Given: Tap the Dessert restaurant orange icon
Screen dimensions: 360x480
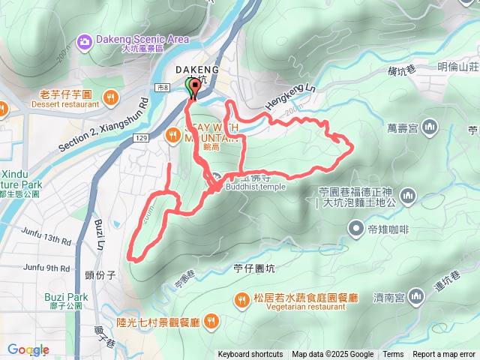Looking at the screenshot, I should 111,96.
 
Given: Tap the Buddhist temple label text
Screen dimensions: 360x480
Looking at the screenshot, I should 255,187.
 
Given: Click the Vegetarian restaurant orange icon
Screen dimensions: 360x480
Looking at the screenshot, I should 241,298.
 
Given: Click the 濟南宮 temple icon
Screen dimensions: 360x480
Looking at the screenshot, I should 417,298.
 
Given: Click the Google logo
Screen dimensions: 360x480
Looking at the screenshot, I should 28,349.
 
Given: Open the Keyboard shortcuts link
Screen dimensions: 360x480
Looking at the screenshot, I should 250,355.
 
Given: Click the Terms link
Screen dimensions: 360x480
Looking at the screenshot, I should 393,355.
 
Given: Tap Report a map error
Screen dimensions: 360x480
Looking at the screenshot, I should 445,355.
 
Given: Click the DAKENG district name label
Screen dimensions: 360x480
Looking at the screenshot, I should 197,70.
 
